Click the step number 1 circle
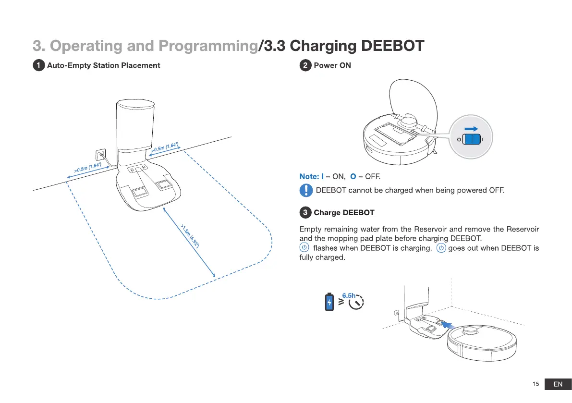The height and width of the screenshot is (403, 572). (x=39, y=65)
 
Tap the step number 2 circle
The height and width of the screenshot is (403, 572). (x=305, y=65)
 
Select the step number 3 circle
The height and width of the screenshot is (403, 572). (x=305, y=212)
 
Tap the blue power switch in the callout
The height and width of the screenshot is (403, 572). (x=473, y=139)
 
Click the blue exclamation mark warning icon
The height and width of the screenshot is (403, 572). (x=306, y=191)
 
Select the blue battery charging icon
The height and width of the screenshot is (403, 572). (x=329, y=302)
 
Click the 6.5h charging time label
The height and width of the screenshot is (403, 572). (x=349, y=295)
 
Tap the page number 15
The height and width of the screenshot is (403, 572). (x=536, y=384)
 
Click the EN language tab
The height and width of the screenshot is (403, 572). (x=558, y=384)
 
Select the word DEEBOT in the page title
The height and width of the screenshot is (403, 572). (x=392, y=46)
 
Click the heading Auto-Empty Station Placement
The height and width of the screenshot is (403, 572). (x=103, y=65)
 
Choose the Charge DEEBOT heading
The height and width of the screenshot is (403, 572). (x=344, y=212)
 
